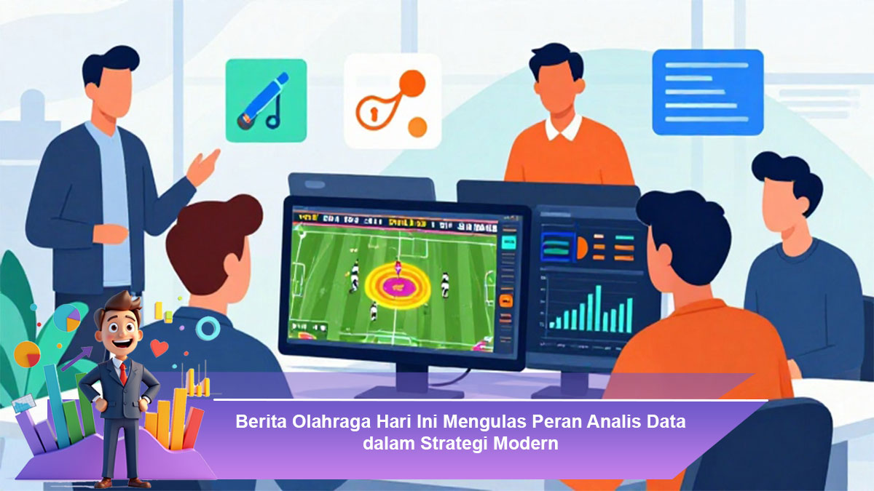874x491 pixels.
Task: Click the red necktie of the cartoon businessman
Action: (123, 374)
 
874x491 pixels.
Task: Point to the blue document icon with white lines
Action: (708, 92)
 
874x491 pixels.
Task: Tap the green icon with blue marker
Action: (266, 100)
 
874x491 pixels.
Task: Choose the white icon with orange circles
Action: (393, 101)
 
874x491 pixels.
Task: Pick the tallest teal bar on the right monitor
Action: (598, 308)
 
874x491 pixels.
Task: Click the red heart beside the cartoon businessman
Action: (160, 348)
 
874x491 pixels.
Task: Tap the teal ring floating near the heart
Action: (207, 328)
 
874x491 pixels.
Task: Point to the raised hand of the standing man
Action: (203, 167)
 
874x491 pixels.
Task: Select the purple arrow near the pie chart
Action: (76, 359)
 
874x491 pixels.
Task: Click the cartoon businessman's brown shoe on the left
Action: (103, 483)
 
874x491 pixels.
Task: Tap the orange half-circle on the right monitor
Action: (582, 248)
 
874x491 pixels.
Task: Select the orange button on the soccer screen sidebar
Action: (505, 300)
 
